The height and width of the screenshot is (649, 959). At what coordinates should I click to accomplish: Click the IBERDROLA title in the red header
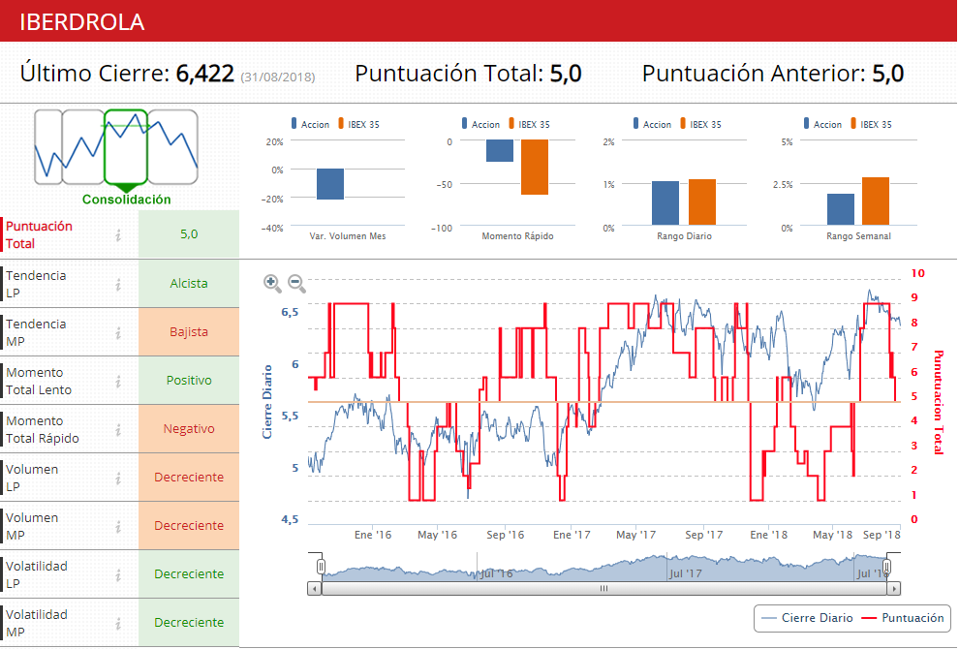pyautogui.click(x=82, y=21)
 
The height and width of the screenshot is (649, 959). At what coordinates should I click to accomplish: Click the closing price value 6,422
pyautogui.click(x=204, y=74)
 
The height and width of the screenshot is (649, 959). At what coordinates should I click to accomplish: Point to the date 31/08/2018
pyautogui.click(x=278, y=77)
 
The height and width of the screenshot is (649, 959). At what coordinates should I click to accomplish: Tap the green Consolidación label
pyautogui.click(x=126, y=200)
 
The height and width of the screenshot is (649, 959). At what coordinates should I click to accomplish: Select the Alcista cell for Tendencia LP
pyautogui.click(x=189, y=284)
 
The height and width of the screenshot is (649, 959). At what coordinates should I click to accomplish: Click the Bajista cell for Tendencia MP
pyautogui.click(x=189, y=332)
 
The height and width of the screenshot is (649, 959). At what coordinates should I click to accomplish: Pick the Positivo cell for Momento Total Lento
pyautogui.click(x=189, y=381)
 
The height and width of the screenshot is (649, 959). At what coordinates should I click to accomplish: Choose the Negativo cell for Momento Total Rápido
pyautogui.click(x=189, y=429)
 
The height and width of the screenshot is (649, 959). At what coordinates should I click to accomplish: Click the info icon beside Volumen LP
pyautogui.click(x=117, y=478)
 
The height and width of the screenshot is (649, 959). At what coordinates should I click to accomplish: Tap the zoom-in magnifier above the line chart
pyautogui.click(x=272, y=283)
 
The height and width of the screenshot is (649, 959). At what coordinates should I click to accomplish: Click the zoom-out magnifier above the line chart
pyautogui.click(x=296, y=283)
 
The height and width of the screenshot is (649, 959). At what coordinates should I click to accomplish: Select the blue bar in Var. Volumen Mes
pyautogui.click(x=330, y=184)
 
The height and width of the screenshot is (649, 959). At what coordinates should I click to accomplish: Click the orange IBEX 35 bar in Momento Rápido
pyautogui.click(x=535, y=168)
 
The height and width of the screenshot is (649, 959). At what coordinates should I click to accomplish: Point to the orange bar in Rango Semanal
pyautogui.click(x=876, y=201)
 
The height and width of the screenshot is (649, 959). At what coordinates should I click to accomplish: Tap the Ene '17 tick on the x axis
pyautogui.click(x=572, y=535)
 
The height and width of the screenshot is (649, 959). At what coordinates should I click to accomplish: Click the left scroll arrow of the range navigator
pyautogui.click(x=314, y=588)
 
